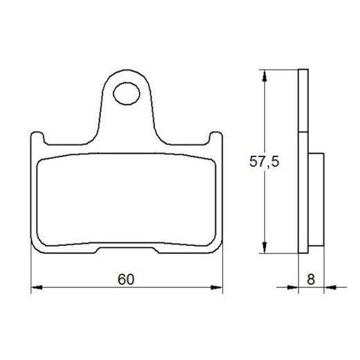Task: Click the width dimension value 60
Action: [x=125, y=280]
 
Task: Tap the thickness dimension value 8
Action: [x=310, y=280]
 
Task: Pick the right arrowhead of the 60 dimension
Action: [x=220, y=287]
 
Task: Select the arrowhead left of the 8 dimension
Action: [x=291, y=287]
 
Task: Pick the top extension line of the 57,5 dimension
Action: [x=280, y=70]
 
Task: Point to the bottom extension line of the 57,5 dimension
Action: [x=280, y=254]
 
